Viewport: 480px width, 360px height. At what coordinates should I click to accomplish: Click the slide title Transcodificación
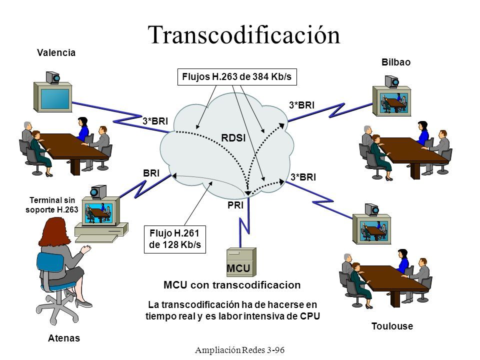(243, 35)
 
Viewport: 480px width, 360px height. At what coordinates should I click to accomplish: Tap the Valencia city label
(56, 52)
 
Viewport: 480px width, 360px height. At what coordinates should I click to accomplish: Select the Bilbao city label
(396, 62)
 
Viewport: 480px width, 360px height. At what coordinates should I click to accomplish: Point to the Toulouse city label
(392, 326)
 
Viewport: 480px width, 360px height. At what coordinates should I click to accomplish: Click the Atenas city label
(64, 338)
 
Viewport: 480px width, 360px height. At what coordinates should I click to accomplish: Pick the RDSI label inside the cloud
(233, 138)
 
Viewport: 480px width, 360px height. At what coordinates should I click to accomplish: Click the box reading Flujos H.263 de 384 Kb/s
(237, 77)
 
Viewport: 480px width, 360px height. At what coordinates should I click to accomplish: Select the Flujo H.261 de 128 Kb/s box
(175, 239)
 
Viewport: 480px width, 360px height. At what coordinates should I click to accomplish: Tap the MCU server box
(241, 262)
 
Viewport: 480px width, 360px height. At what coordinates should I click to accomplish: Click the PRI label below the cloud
(235, 205)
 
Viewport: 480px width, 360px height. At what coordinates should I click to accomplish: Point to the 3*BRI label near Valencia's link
(155, 121)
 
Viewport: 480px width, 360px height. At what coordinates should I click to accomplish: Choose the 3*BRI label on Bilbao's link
(302, 105)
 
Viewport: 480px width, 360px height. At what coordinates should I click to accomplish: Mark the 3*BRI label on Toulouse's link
(303, 177)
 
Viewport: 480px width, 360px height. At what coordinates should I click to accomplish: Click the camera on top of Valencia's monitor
(53, 77)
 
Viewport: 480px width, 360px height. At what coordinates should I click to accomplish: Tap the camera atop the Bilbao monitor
(392, 81)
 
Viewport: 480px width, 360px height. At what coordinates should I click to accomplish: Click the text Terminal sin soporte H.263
(51, 205)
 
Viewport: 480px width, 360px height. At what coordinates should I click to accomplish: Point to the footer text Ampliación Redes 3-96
(239, 350)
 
